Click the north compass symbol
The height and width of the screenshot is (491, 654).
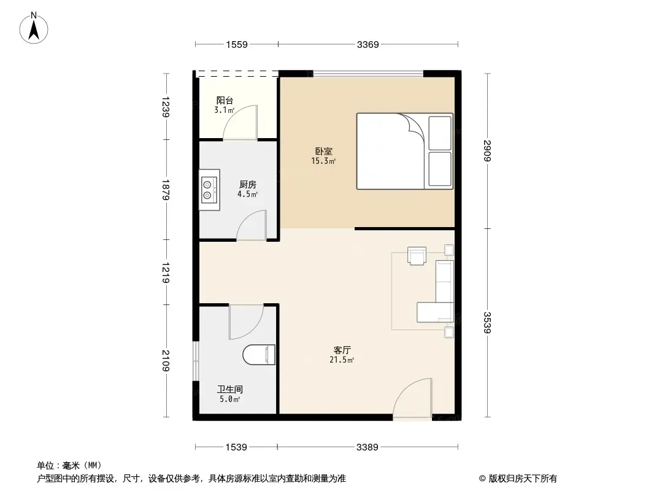(x=35, y=28)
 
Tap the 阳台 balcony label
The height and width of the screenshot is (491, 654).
(x=225, y=101)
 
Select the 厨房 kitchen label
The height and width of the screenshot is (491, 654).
(x=247, y=184)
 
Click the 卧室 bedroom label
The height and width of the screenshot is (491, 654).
(x=324, y=151)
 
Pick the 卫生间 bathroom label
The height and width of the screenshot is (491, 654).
(x=229, y=389)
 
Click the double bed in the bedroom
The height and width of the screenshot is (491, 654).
(x=404, y=151)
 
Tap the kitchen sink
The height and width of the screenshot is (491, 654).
(x=209, y=189)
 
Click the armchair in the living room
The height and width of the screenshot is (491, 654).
(x=417, y=255)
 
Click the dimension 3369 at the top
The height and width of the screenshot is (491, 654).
(x=368, y=44)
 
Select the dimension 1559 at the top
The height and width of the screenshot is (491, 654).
(x=236, y=44)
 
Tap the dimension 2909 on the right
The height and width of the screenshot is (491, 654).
(x=487, y=151)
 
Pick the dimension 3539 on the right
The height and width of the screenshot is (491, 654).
(x=487, y=323)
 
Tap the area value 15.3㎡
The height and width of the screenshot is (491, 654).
(x=324, y=161)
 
